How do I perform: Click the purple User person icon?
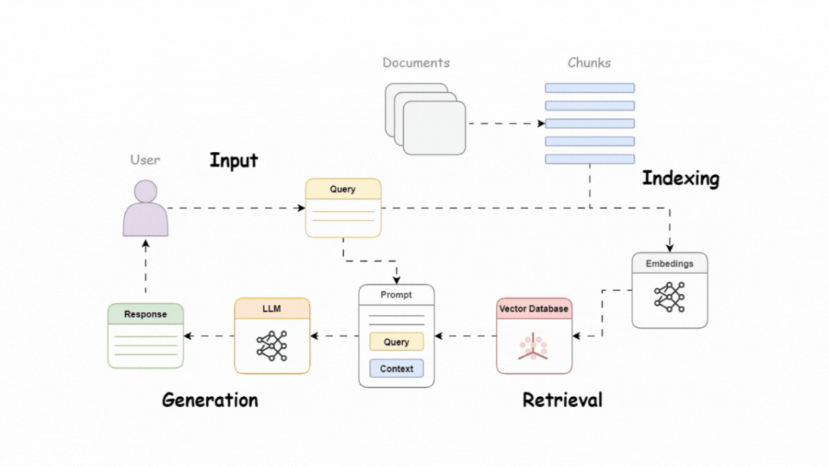click(x=146, y=209)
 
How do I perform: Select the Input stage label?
click(x=233, y=161)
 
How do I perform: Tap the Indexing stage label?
click(x=680, y=179)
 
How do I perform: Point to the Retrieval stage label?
click(x=562, y=400)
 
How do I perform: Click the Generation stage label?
click(x=210, y=400)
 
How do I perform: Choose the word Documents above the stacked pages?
click(x=416, y=63)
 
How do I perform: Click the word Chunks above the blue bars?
click(x=589, y=63)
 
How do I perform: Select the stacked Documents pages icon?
click(x=426, y=119)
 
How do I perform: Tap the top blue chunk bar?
click(x=590, y=88)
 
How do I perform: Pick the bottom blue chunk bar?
click(x=590, y=159)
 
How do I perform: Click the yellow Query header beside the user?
click(x=343, y=189)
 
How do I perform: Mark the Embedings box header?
click(x=669, y=263)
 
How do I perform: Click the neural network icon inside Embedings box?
click(x=669, y=296)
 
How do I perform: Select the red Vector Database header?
click(x=534, y=309)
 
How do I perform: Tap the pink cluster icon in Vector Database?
click(x=533, y=346)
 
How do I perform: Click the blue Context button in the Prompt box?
click(x=396, y=369)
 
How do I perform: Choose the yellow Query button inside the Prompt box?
click(x=396, y=342)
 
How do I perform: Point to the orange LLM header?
click(x=272, y=309)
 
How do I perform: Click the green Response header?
click(x=146, y=314)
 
